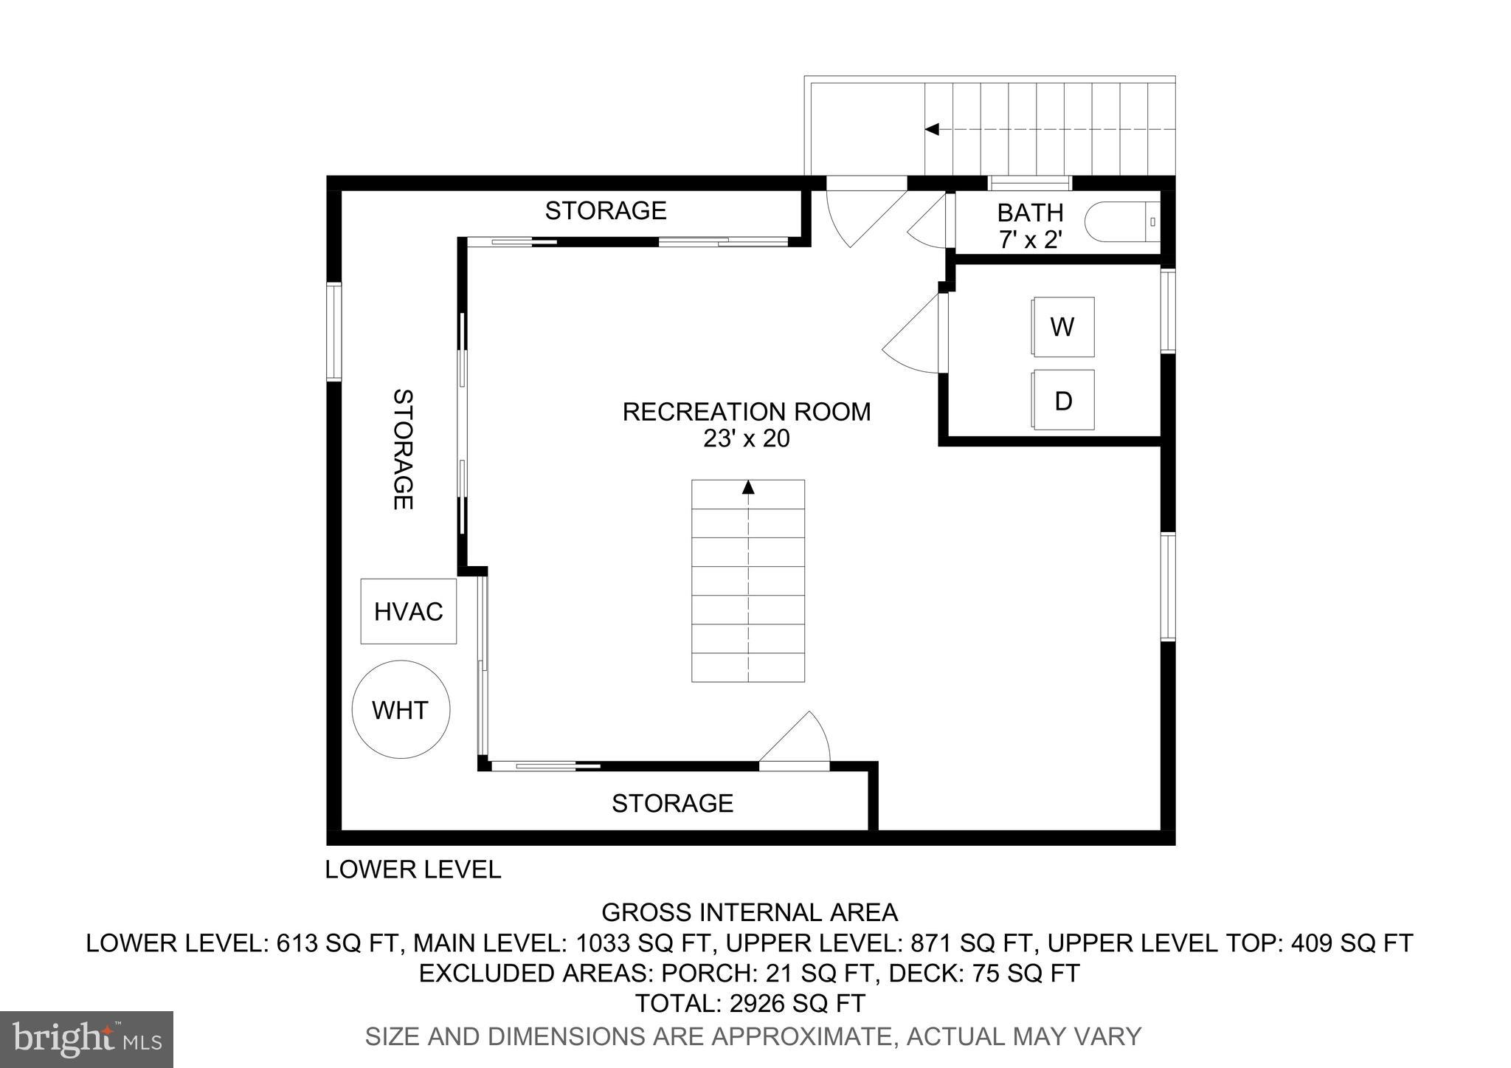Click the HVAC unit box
(408, 611)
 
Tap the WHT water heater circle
(401, 709)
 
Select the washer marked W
(1062, 327)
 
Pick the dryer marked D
(1062, 401)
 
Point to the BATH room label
(1030, 213)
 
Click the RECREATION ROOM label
(747, 411)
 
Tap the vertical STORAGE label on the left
(402, 449)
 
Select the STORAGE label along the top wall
(606, 210)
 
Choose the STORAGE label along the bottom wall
(672, 803)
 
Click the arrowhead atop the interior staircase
(748, 487)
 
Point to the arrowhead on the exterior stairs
(932, 129)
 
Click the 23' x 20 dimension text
(747, 438)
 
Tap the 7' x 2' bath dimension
(1030, 239)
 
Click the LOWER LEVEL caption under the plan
(413, 869)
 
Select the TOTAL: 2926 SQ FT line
(750, 1003)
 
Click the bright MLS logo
(86, 1039)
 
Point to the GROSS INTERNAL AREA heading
(750, 912)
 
